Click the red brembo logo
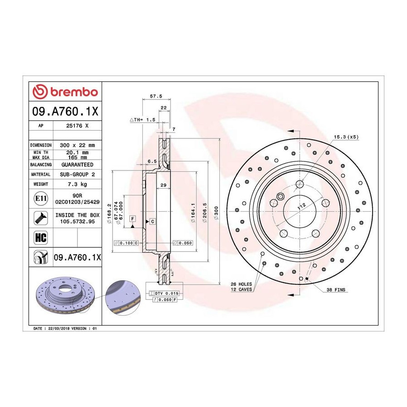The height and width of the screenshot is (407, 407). (65, 92)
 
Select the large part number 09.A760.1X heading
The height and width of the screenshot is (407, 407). (65, 111)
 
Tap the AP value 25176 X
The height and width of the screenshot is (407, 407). (77, 126)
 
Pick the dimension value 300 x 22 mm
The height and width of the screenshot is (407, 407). (77, 145)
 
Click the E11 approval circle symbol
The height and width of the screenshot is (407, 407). (41, 199)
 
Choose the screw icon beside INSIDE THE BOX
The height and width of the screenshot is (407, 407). (41, 218)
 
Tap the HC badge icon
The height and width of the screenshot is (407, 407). (41, 237)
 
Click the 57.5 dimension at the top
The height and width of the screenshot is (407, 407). (156, 96)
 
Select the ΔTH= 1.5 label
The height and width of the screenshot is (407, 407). (142, 120)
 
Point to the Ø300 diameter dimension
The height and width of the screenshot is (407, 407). (216, 213)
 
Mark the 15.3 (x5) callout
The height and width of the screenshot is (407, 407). (346, 137)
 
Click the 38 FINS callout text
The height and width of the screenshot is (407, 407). (336, 290)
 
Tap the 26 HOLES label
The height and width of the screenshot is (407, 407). (241, 284)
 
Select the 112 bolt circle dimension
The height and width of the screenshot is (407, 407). (302, 206)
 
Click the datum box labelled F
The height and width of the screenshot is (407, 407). (133, 218)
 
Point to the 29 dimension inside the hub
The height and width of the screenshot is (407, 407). (163, 185)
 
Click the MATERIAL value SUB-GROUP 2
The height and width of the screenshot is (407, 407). (77, 175)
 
